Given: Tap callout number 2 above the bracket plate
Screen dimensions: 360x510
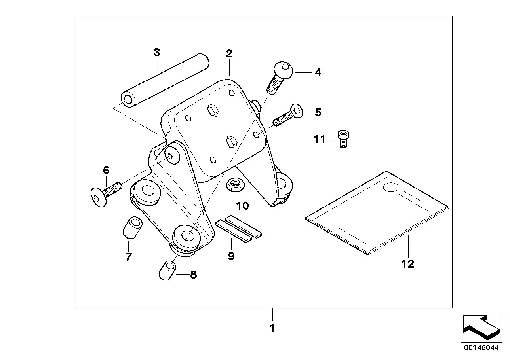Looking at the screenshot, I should coord(229,53).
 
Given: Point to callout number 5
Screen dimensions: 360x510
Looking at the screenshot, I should coord(318,112).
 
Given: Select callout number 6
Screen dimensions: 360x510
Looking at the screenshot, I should coord(106,171).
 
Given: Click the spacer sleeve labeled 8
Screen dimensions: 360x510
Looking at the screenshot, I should coord(167,270).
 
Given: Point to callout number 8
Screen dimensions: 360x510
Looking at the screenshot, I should coord(193,275).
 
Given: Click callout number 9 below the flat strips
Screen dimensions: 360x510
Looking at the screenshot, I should coord(231,256).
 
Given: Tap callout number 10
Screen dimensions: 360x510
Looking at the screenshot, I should coord(243,206).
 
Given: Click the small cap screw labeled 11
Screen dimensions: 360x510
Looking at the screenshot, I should coord(343,139).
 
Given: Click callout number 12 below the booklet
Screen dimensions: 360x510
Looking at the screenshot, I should coord(407,264).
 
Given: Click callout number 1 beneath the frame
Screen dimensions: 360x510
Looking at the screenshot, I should coord(272,328).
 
